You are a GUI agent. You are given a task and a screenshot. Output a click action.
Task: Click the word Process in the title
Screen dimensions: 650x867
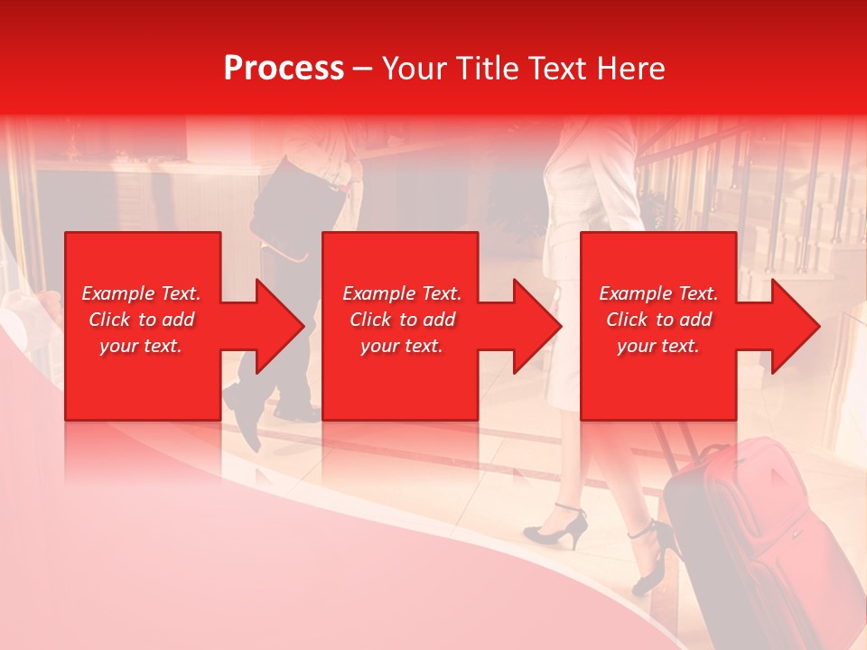(284, 69)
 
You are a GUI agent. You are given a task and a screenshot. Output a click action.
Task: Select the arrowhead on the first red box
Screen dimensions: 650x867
(275, 326)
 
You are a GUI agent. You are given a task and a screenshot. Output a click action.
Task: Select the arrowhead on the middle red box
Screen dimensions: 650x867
(534, 326)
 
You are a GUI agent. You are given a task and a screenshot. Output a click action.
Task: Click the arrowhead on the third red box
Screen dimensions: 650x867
(791, 326)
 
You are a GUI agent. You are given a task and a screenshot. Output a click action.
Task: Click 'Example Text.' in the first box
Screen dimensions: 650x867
(141, 293)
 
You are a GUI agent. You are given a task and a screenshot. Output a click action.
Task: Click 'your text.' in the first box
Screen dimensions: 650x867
(141, 346)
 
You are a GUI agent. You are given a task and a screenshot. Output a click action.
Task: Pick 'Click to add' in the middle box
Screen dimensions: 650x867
(402, 320)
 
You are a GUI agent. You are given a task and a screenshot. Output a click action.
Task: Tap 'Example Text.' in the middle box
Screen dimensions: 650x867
(402, 293)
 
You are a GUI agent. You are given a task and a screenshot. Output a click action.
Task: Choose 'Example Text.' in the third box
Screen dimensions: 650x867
(658, 293)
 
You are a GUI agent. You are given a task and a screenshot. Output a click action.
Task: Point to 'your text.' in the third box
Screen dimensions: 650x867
(658, 346)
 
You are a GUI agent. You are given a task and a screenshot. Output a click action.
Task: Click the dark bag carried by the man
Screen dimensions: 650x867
(298, 203)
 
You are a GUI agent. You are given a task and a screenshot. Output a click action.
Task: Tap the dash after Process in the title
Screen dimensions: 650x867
(363, 69)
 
